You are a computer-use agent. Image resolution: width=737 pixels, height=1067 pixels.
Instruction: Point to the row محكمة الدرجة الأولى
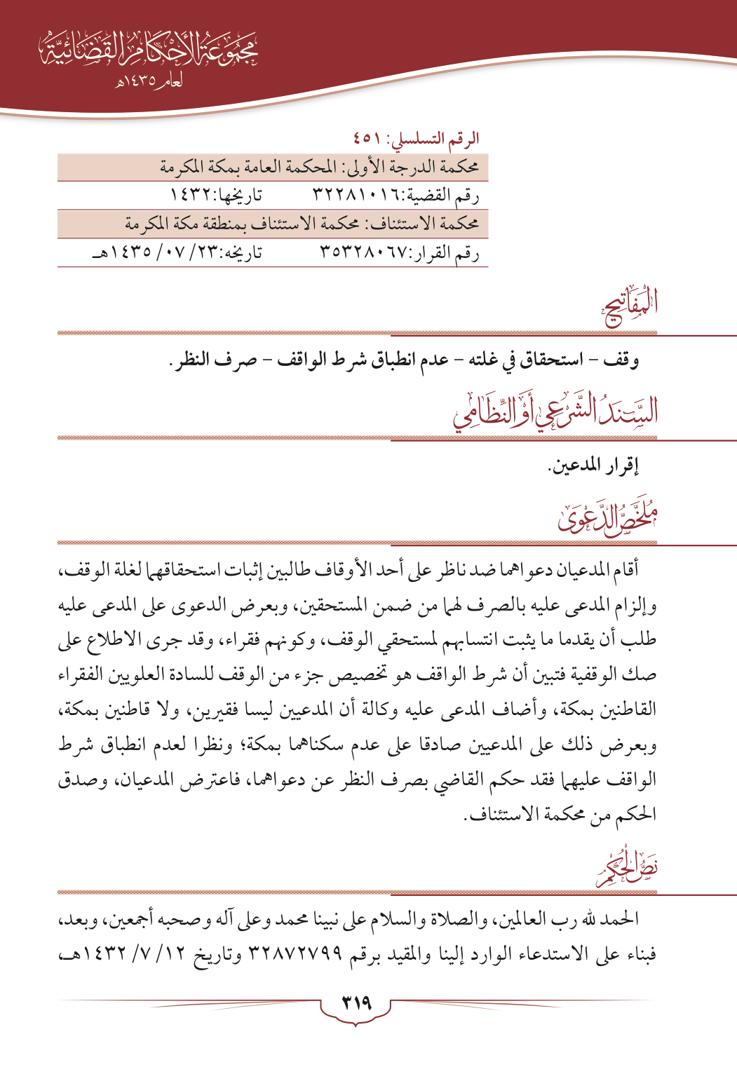point(319,168)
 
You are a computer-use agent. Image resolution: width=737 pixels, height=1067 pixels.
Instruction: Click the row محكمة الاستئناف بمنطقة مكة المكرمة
point(302,224)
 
